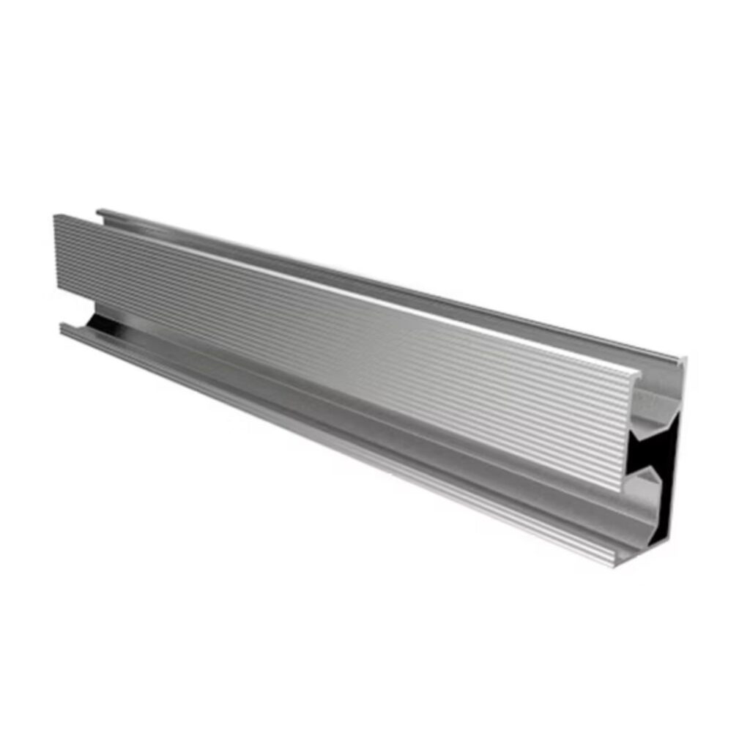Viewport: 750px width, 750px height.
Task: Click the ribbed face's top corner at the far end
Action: point(55,215)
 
